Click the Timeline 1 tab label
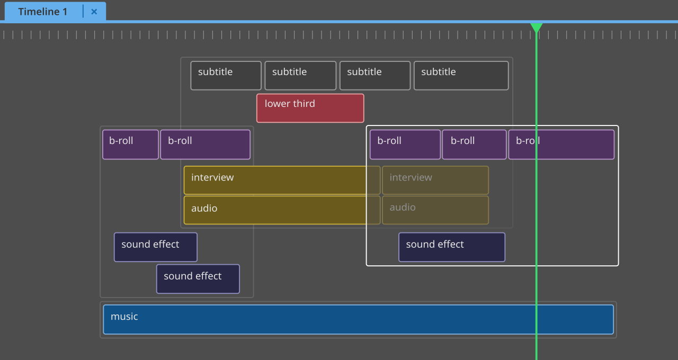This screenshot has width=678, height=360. coord(42,12)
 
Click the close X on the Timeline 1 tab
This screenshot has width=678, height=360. coord(94,12)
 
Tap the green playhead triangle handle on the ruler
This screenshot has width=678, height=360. coord(536,28)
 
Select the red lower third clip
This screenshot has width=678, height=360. coord(310,109)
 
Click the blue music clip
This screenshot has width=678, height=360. coord(358,319)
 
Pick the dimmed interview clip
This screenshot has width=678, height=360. coord(435,180)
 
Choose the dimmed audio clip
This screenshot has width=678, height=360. coord(435,210)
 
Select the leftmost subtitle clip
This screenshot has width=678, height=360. coord(226,76)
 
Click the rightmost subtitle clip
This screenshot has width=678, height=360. coord(461,76)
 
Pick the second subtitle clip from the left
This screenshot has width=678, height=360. coord(300,76)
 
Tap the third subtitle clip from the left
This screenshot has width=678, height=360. coord(375,76)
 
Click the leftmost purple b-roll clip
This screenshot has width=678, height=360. coord(130,145)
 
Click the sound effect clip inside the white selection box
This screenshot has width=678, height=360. coord(452,247)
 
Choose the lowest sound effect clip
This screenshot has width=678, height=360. coord(198,279)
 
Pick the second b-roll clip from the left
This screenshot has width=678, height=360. coord(205,145)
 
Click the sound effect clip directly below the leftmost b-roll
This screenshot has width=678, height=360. coord(155,247)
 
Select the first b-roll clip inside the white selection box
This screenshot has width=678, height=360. coord(405,145)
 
